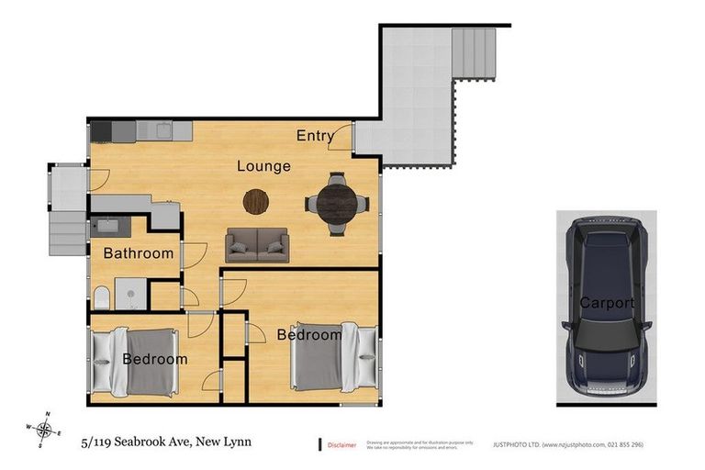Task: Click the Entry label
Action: point(315,136)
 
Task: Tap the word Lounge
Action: point(263,166)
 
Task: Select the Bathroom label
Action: point(138,253)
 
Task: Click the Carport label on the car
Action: point(606,302)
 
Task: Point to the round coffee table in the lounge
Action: point(257,199)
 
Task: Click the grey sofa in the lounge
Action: point(257,245)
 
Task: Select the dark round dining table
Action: point(339,199)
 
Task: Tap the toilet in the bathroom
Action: point(102,296)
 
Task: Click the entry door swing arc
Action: point(341,138)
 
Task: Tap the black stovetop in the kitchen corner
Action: point(100,130)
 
